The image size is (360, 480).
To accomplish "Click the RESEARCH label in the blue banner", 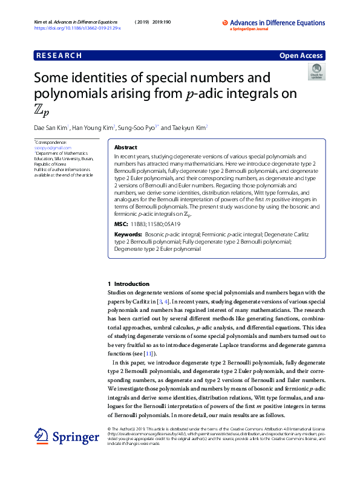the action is coord(59,56).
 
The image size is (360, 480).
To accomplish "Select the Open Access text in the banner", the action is coord(301,56).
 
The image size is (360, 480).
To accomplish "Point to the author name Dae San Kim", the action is coord(51,128).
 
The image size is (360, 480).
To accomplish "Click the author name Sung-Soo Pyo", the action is coord(137,128).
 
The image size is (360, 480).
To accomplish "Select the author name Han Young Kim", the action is coord(94,128).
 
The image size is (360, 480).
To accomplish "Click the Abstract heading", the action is coord(126,148).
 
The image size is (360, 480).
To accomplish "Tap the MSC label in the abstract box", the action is coord(121,224).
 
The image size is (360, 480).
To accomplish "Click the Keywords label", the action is coord(128,234).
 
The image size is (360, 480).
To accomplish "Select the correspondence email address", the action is coord(48,148).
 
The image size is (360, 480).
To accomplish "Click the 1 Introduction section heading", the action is coord(128,284).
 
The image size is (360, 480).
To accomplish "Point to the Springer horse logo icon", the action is coord(41,436).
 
